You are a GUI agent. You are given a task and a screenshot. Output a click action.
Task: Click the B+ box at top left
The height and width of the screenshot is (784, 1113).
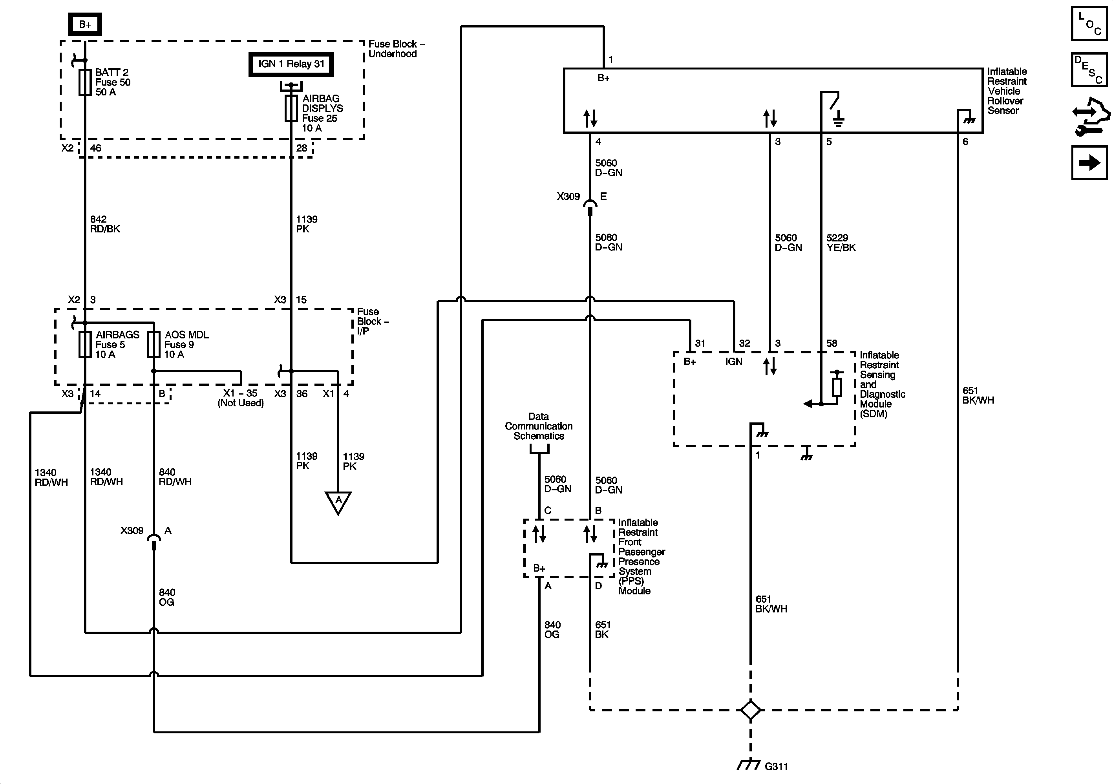(x=85, y=24)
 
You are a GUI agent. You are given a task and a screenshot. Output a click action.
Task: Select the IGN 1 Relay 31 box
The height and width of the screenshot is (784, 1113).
(x=291, y=64)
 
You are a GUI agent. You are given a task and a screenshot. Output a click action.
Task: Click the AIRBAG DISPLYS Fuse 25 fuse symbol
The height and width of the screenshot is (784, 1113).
(x=291, y=108)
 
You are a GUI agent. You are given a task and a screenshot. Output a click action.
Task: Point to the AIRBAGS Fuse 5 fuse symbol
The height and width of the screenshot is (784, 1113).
(x=85, y=345)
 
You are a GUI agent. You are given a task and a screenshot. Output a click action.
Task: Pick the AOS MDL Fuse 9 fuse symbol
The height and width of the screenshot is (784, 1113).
(x=154, y=345)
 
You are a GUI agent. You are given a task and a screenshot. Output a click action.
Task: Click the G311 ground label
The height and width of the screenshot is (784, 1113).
(x=776, y=767)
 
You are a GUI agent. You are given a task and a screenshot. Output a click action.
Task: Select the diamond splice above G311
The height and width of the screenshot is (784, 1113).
(x=750, y=710)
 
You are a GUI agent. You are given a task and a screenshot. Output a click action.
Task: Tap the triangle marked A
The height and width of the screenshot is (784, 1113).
(x=338, y=502)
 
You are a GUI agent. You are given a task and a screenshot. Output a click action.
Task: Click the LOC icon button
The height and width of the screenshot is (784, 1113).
(x=1089, y=23)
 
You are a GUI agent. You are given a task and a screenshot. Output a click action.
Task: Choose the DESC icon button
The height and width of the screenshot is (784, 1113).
(x=1089, y=69)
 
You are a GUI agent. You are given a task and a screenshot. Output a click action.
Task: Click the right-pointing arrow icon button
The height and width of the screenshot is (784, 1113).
(x=1089, y=163)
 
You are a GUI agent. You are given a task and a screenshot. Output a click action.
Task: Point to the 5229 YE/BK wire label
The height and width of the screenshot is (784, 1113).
(x=841, y=243)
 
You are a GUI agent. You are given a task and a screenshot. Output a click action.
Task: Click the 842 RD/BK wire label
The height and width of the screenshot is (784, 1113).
(x=105, y=224)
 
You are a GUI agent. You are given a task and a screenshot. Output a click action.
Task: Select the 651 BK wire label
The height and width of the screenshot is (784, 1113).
(x=603, y=629)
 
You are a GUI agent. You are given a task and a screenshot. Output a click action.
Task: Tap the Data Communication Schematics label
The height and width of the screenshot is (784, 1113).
(x=539, y=426)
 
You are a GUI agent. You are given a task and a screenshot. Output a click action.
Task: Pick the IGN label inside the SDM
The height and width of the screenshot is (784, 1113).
(x=733, y=362)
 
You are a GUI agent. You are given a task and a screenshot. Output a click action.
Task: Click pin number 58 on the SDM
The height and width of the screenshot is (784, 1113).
(x=832, y=343)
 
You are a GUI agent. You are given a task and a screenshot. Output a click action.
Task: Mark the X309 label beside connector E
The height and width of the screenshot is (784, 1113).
(x=568, y=196)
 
